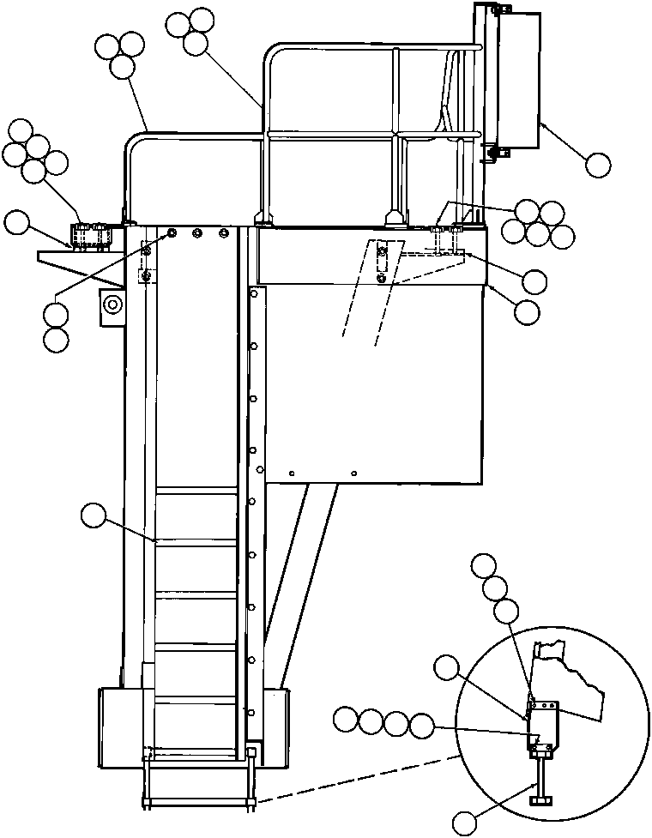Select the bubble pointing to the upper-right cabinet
(598, 164)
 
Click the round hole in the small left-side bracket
(112, 302)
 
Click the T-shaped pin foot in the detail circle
(542, 799)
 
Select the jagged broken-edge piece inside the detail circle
(570, 678)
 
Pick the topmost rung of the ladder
(196, 490)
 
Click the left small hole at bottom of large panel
(293, 473)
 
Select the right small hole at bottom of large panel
(354, 472)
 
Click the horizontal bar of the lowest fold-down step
(199, 805)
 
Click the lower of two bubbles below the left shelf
(56, 340)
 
